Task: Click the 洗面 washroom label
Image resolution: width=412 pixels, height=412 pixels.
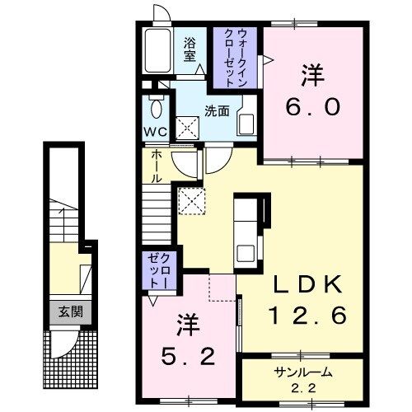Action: [x=217, y=111]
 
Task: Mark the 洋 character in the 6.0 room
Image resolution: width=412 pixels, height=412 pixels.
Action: [x=312, y=76]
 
